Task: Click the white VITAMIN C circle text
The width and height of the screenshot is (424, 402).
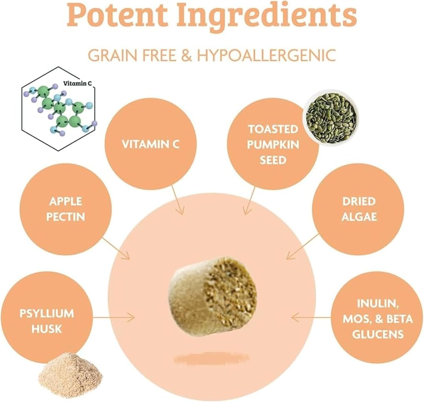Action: tap(150, 144)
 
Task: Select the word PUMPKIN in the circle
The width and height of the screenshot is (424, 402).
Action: tap(273, 145)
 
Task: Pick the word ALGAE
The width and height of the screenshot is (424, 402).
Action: tap(359, 216)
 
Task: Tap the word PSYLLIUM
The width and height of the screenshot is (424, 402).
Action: tap(47, 313)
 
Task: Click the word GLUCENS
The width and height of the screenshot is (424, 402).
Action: tap(378, 334)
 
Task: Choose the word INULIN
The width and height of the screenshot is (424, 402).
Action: tap(378, 303)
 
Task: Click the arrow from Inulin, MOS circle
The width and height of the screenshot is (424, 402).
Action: tap(311, 318)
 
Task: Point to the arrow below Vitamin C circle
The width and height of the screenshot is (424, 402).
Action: tap(178, 200)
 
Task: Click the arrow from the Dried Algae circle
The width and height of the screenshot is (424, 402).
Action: tap(302, 246)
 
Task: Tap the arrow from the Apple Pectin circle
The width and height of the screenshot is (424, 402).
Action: tap(116, 248)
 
